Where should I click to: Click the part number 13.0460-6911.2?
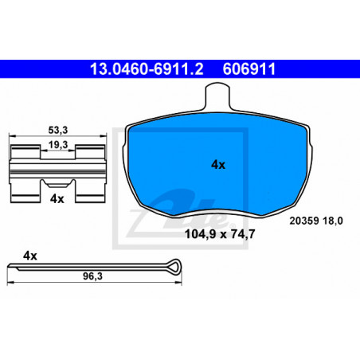click(x=147, y=69)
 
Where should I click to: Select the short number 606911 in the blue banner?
click(x=249, y=69)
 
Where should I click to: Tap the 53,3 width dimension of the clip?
click(x=58, y=130)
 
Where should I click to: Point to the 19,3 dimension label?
click(x=58, y=145)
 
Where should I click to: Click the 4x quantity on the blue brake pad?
click(x=218, y=165)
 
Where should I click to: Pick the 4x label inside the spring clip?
click(x=57, y=198)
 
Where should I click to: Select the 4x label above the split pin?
click(x=30, y=256)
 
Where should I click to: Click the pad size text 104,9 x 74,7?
click(x=220, y=234)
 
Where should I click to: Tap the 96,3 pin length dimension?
click(x=92, y=276)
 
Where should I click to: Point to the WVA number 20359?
click(x=304, y=221)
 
